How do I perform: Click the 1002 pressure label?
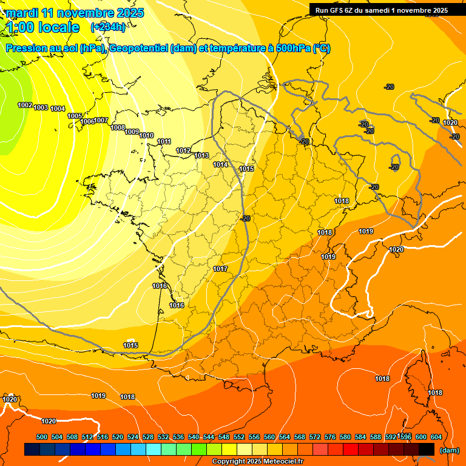click(x=25, y=105)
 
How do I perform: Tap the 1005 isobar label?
click(x=75, y=116)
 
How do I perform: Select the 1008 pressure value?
click(x=118, y=127)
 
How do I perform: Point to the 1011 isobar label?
click(x=164, y=141)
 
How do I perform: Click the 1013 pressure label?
click(x=201, y=155)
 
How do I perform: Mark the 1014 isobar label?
click(x=220, y=164)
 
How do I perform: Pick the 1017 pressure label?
click(x=220, y=269)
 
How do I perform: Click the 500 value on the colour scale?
click(x=42, y=437)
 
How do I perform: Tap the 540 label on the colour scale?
click(x=194, y=437)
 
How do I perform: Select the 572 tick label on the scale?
click(x=315, y=437)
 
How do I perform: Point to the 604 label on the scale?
click(x=436, y=437)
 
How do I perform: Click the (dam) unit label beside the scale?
click(x=449, y=450)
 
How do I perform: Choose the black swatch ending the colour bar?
click(x=427, y=449)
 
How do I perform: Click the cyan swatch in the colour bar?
click(x=154, y=449)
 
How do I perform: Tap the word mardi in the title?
click(x=21, y=13)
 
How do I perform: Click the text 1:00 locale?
click(x=42, y=27)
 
